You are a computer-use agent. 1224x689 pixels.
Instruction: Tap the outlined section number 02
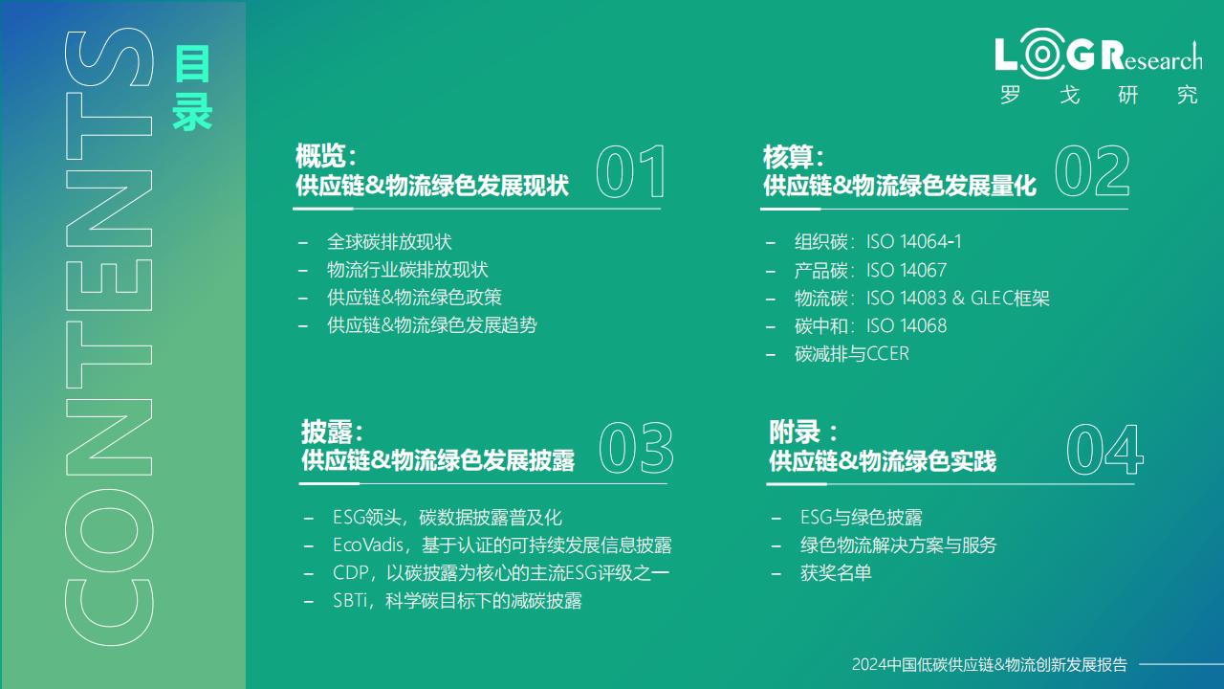pos(1092,171)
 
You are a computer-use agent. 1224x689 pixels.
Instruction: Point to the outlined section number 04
pos(1105,450)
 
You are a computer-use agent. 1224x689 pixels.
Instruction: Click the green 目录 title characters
pos(192,88)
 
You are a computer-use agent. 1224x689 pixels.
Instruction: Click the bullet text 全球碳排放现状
pos(389,242)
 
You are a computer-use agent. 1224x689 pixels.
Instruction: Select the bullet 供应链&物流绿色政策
pos(414,298)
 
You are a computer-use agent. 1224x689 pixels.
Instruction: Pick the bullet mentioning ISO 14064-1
pos(878,242)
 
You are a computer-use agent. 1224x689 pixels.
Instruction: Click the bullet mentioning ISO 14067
pos(870,270)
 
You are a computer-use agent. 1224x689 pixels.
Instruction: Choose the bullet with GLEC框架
pos(922,298)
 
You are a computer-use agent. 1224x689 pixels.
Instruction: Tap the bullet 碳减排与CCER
pos(852,354)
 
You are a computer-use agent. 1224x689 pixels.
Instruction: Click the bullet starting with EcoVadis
pos(502,545)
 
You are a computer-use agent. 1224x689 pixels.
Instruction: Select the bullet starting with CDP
pos(501,573)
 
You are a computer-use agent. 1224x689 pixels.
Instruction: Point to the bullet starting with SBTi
pos(457,601)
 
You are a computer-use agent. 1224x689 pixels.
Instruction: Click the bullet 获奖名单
pos(836,573)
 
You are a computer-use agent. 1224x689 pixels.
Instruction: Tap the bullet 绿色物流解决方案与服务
pos(898,545)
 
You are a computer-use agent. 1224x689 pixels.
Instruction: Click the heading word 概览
pos(320,156)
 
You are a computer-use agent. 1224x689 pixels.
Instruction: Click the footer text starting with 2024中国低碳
pos(989,664)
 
